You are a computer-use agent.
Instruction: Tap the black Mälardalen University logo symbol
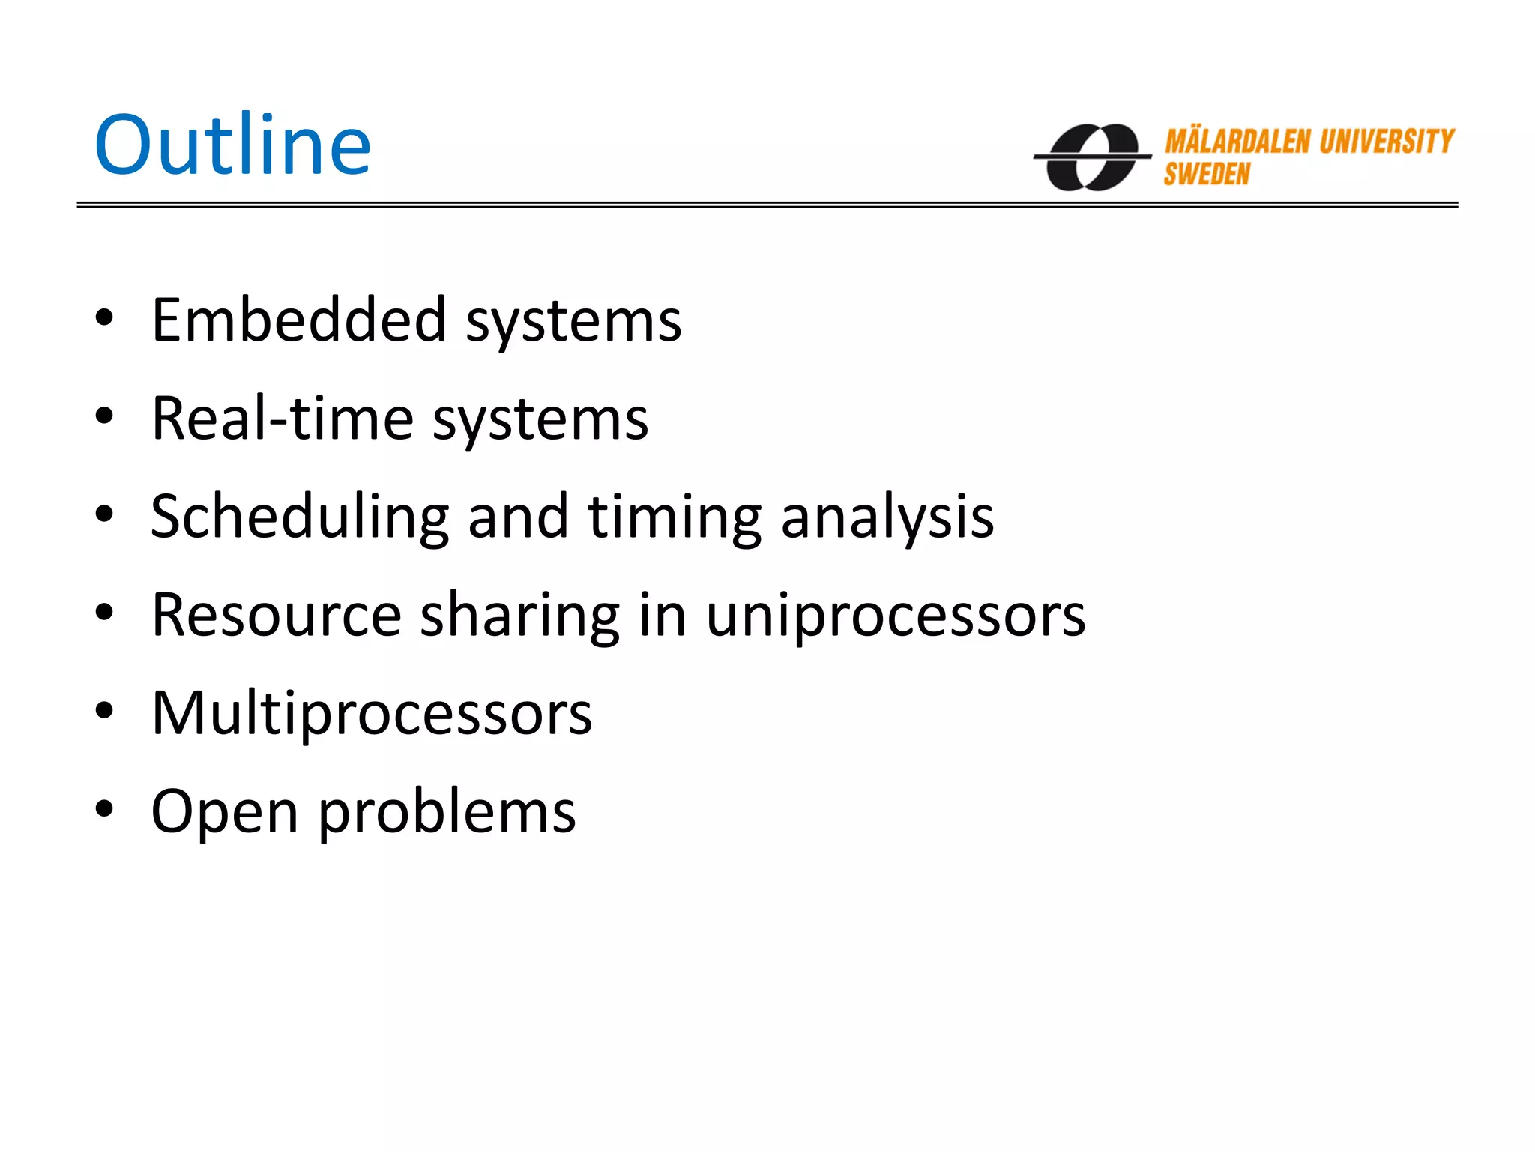tap(1092, 157)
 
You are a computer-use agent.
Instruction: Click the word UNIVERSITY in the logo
tap(1387, 142)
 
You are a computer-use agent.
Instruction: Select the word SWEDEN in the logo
tap(1207, 174)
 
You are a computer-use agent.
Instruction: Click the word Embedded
tap(298, 320)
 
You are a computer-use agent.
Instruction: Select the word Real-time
tap(282, 418)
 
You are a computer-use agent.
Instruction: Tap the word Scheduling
tap(299, 517)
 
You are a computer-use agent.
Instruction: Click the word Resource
tap(276, 615)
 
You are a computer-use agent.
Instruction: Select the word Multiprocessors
tap(371, 714)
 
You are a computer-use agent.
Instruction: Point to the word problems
tap(447, 811)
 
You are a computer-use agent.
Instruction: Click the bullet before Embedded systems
tap(104, 317)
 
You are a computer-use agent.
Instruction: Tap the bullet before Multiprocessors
tap(104, 710)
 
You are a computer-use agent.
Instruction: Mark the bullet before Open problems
tap(104, 808)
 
